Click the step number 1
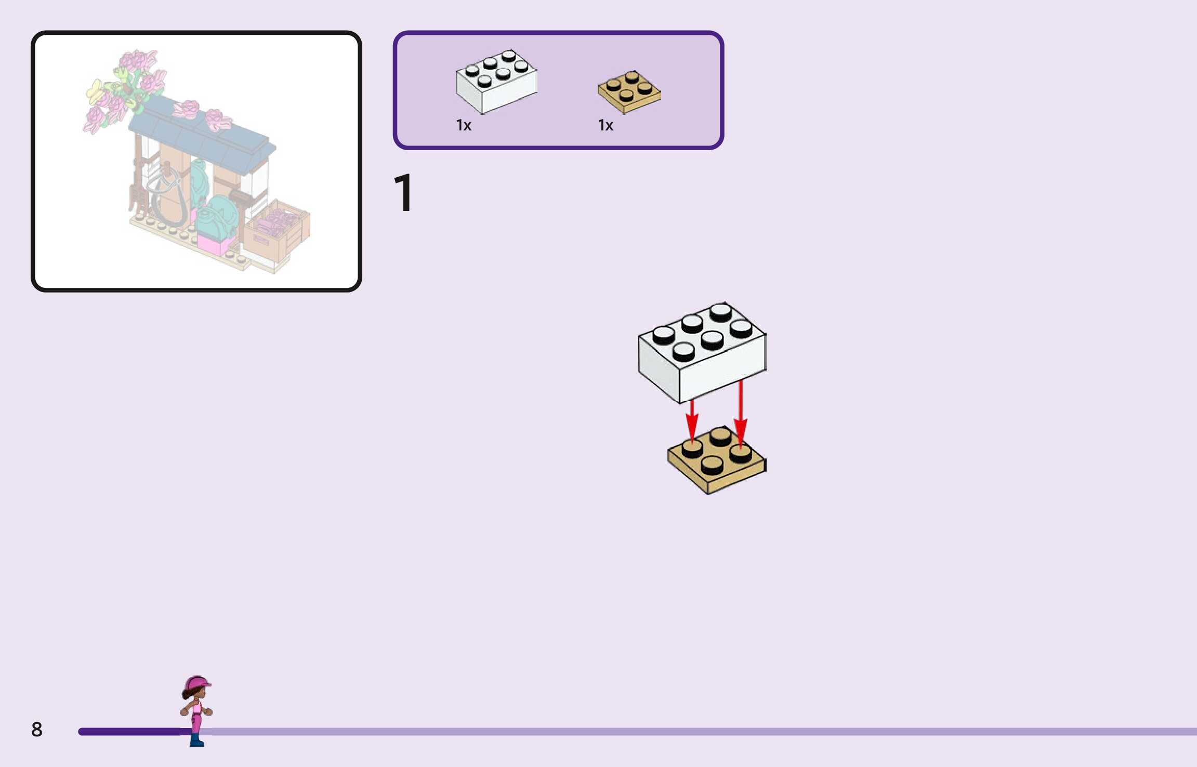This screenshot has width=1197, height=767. [404, 193]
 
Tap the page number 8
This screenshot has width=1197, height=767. [36, 729]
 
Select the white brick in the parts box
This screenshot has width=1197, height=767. [496, 82]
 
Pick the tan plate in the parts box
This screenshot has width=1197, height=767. [629, 92]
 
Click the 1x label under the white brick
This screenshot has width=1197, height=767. [464, 125]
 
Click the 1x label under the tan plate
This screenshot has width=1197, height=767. [606, 125]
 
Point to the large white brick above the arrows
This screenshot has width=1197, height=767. [702, 353]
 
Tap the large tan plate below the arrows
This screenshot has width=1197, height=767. [716, 461]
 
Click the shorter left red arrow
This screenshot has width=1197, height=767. [692, 421]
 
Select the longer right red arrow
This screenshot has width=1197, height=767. [741, 413]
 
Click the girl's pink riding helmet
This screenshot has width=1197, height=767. [198, 682]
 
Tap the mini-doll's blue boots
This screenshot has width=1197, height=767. [196, 740]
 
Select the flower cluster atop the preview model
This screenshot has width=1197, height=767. [125, 88]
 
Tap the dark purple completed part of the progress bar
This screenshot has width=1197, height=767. [130, 732]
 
